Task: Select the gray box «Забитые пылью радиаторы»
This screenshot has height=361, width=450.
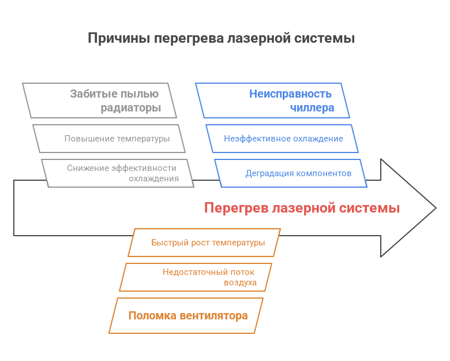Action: click(x=100, y=101)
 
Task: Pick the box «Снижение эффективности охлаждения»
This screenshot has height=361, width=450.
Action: click(x=118, y=173)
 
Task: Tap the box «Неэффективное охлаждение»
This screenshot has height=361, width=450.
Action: click(x=283, y=139)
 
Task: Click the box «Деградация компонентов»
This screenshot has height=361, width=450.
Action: click(x=291, y=173)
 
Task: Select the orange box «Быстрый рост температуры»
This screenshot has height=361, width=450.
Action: click(x=204, y=243)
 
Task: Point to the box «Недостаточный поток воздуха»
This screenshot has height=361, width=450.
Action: click(x=196, y=277)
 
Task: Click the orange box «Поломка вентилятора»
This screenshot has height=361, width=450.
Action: click(x=186, y=315)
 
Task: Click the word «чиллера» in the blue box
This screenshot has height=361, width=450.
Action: click(x=312, y=108)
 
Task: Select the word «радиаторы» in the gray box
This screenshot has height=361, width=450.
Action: click(x=130, y=108)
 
